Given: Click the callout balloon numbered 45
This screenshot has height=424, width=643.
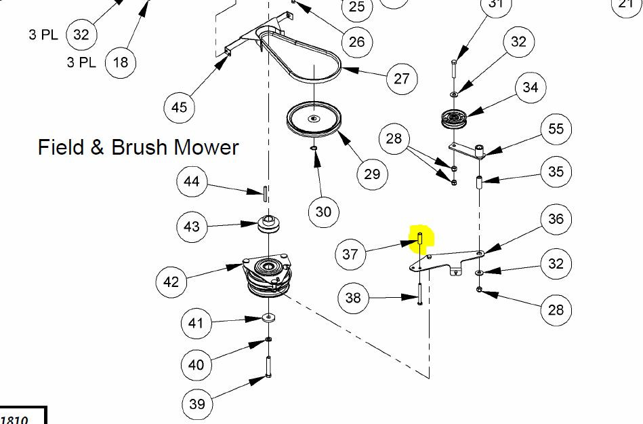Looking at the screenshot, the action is point(179,107).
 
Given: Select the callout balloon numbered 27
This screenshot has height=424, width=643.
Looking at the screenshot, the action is point(402,79).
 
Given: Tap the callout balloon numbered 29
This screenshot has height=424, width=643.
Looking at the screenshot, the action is point(372,174).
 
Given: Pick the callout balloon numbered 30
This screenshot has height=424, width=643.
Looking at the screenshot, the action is point(324,212).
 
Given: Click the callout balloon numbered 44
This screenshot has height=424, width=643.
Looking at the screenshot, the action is point(192,181).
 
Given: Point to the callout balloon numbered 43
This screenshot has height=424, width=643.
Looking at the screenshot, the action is point(192,227).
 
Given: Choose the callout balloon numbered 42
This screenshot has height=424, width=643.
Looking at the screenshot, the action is point(171,282).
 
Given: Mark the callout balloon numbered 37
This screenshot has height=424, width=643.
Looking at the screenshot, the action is point(350,254).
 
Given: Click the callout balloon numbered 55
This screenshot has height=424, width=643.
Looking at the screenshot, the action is point(556,129).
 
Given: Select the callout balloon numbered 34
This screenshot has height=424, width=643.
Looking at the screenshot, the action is point(531,87).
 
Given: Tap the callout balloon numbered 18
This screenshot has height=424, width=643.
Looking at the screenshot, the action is point(120,62).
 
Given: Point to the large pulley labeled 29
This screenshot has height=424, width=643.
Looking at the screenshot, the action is point(314,119).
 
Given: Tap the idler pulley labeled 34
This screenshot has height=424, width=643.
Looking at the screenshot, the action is point(454,119).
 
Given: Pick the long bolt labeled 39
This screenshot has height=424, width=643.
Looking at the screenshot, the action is point(268,366).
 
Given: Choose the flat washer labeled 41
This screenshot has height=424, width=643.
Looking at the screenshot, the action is point(268,317).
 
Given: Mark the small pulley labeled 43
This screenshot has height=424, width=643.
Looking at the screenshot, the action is point(268,224).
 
